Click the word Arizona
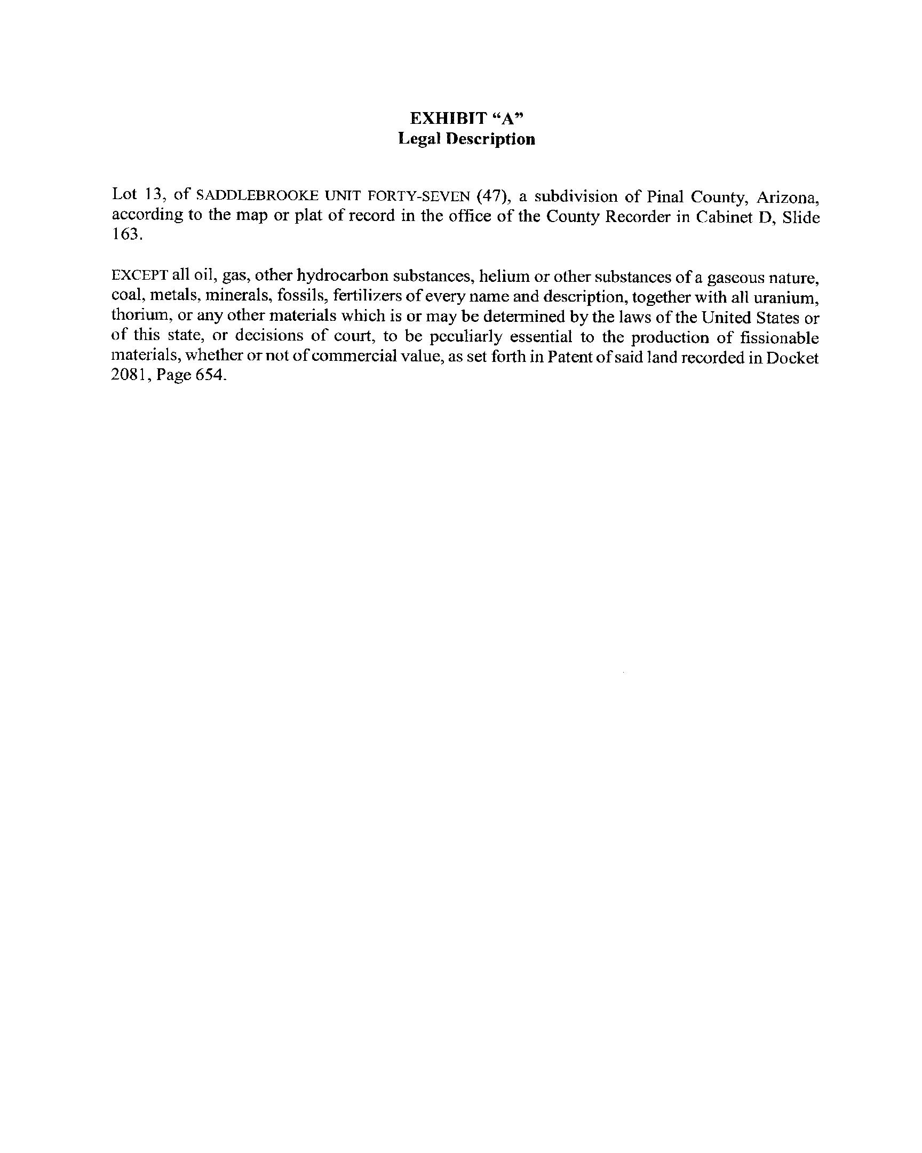788,198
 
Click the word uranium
791,297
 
